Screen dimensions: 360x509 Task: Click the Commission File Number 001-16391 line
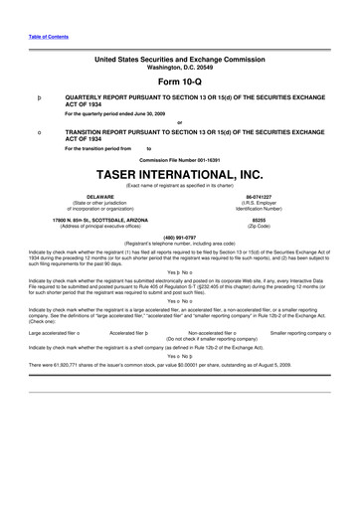pyautogui.click(x=179, y=158)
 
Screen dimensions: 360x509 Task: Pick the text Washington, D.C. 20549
pyautogui.click(x=179, y=69)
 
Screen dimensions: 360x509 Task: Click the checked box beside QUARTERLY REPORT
pyautogui.click(x=38, y=99)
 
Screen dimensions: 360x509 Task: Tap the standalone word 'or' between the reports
pyautogui.click(x=179, y=122)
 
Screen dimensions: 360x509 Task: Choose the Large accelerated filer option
pyautogui.click(x=55, y=332)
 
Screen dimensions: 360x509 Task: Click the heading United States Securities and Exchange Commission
pyautogui.click(x=179, y=61)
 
